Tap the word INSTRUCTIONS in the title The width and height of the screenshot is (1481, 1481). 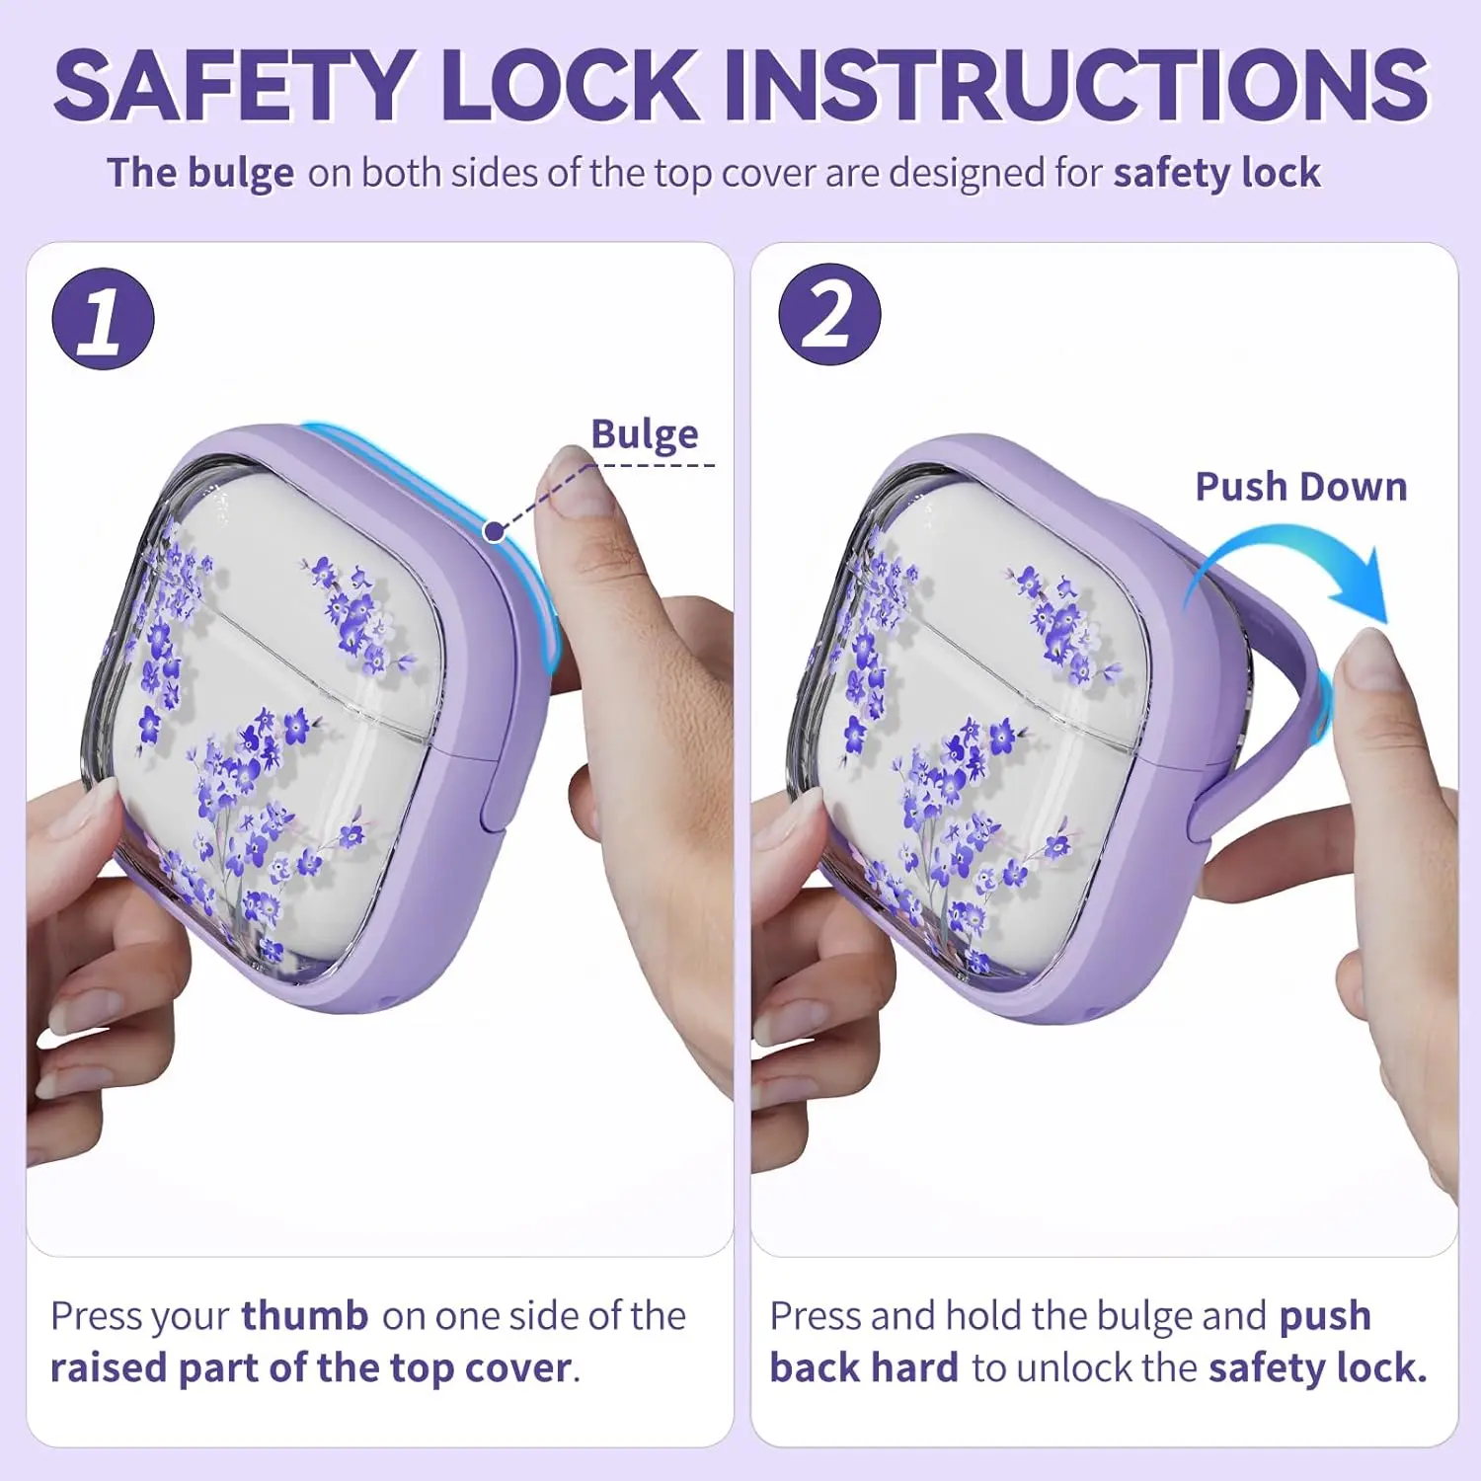click(1077, 85)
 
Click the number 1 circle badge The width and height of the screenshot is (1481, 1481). click(103, 319)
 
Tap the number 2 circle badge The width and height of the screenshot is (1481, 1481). click(829, 314)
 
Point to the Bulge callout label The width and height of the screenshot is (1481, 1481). click(645, 434)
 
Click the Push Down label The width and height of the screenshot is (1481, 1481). click(1301, 487)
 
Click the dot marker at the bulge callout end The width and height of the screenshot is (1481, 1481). click(494, 532)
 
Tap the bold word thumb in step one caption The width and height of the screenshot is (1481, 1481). click(305, 1315)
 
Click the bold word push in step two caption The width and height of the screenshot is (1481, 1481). click(1325, 1315)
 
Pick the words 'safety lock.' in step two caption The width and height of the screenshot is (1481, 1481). click(1318, 1368)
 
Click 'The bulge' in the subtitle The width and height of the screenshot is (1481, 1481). click(200, 174)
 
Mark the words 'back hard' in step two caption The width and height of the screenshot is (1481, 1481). click(864, 1368)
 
